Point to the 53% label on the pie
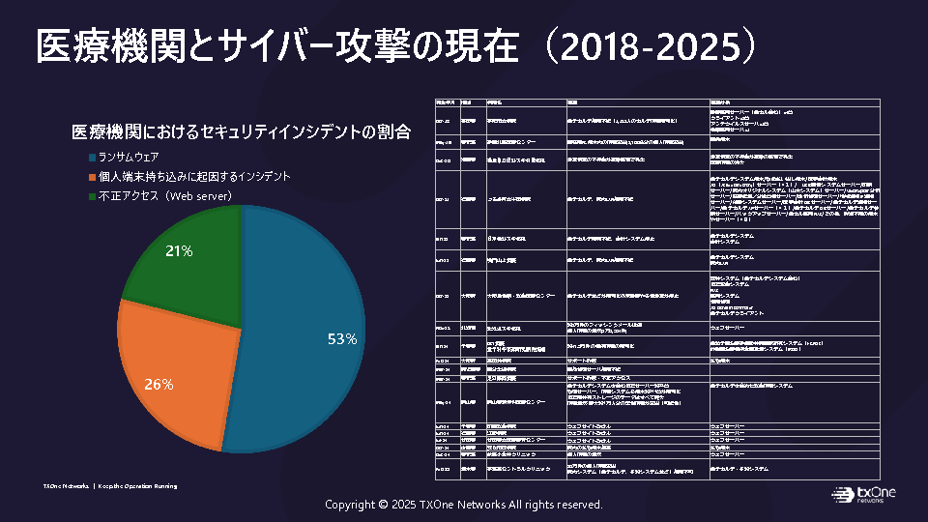[x=342, y=339]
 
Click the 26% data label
[x=159, y=385]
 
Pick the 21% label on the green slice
[x=180, y=251]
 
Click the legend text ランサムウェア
[x=129, y=157]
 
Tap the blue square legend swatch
[x=92, y=157]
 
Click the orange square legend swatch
[x=92, y=177]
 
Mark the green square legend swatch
[x=92, y=196]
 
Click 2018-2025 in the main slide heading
[x=657, y=45]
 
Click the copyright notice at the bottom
[x=464, y=505]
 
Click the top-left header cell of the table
[x=446, y=101]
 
